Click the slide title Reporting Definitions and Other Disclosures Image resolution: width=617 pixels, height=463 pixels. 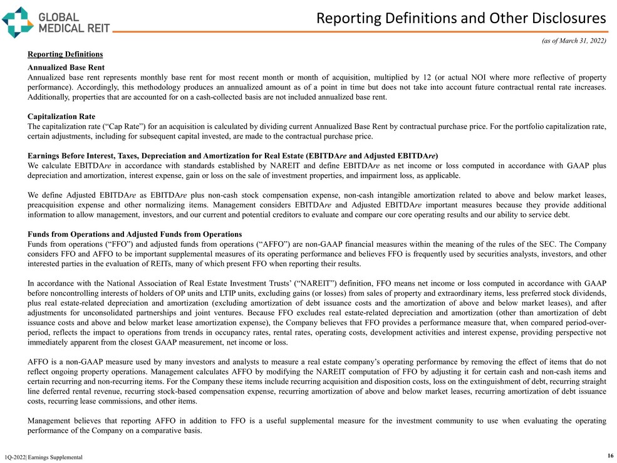click(461, 18)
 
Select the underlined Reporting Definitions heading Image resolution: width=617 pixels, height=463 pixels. click(65, 55)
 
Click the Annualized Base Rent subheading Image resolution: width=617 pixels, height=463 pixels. click(66, 67)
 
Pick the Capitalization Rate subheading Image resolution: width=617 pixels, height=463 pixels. click(61, 117)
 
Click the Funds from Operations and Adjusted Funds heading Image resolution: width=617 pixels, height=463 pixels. click(135, 234)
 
